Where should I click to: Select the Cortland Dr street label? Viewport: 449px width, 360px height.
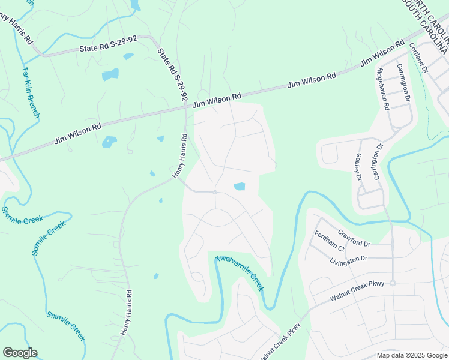pyautogui.click(x=418, y=57)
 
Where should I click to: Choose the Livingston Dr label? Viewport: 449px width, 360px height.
pyautogui.click(x=348, y=259)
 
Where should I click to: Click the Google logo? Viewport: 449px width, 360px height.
pyautogui.click(x=20, y=352)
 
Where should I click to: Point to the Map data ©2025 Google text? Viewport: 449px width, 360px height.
pyautogui.click(x=411, y=355)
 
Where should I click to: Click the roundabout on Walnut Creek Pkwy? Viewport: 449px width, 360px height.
pyautogui.click(x=393, y=283)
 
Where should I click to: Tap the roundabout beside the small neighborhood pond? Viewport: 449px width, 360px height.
pyautogui.click(x=215, y=192)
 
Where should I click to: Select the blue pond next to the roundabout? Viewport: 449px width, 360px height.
pyautogui.click(x=239, y=187)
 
